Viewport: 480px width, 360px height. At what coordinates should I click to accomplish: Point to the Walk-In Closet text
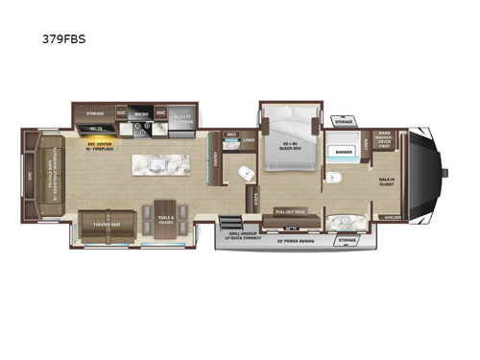[386, 178]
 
